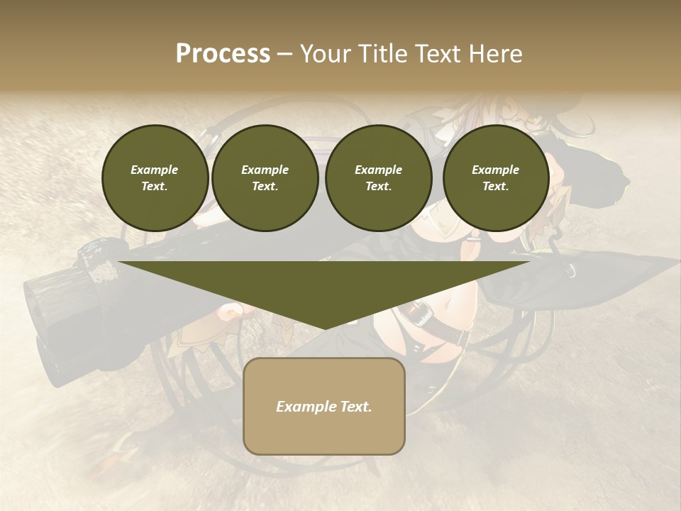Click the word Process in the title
pos(223,54)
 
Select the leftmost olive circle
pos(155,178)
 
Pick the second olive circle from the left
pos(265,178)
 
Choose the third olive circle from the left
pos(378,178)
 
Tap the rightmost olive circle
pos(496,178)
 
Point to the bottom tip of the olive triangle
pos(324,329)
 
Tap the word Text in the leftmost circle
pos(155,187)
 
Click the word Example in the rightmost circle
pos(496,170)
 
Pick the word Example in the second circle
pos(265,170)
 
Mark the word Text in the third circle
pos(378,187)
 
